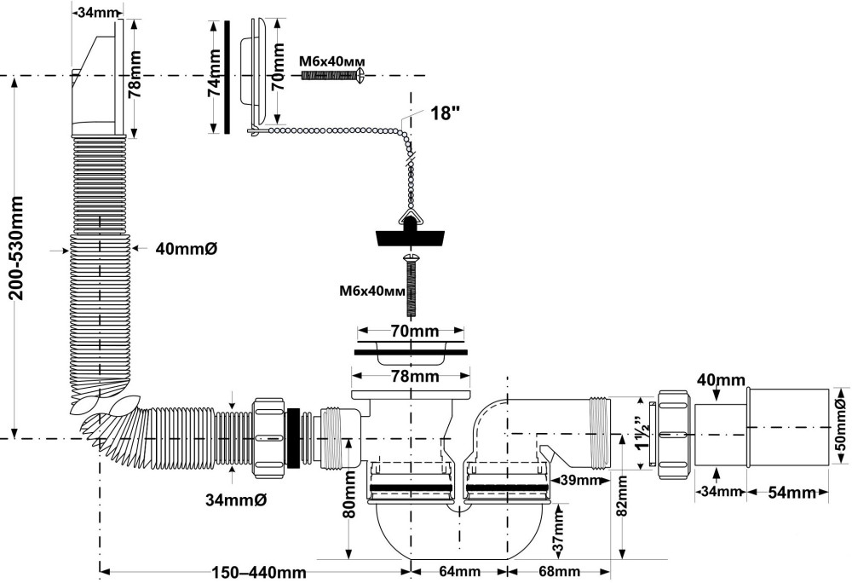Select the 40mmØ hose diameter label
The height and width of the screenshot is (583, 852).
pos(187,249)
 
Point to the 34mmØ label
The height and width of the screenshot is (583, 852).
pos(235,499)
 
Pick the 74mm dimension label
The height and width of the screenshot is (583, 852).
pos(215,76)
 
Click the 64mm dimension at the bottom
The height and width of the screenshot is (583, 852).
pos(462,572)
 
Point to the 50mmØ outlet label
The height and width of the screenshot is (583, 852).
pos(842,426)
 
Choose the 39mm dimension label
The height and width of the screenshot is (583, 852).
pos(579,480)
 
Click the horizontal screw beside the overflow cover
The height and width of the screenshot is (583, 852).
pos(333,76)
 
